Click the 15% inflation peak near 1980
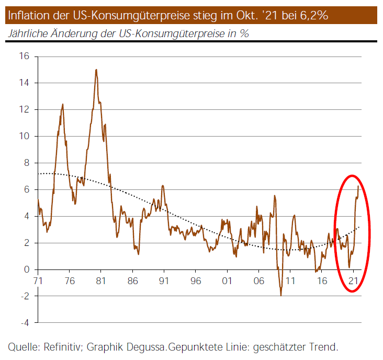point(96,70)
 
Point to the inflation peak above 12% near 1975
point(63,104)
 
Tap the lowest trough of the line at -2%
point(281,295)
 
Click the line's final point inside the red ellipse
point(358,186)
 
